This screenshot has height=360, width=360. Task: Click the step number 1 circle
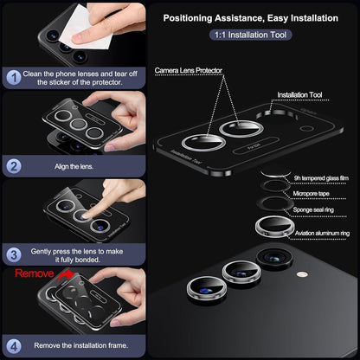click(x=14, y=78)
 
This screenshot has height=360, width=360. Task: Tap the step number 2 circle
click(x=14, y=166)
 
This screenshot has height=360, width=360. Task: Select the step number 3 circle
click(x=14, y=255)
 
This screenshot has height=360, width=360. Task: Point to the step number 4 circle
click(x=14, y=346)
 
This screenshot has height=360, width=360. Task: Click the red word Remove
click(x=35, y=273)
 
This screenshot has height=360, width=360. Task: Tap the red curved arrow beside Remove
click(x=65, y=276)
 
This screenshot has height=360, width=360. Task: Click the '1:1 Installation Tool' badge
click(x=250, y=35)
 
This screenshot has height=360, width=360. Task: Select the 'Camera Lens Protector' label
click(x=189, y=70)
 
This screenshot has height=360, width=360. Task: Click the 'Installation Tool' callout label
click(x=299, y=94)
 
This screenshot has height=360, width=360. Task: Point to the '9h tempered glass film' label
click(x=321, y=178)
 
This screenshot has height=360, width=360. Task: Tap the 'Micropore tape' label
click(x=311, y=194)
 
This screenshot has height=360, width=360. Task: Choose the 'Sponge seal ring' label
click(x=313, y=209)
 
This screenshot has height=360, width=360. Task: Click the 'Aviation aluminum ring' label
click(x=322, y=233)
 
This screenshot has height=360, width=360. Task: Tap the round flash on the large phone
click(x=302, y=273)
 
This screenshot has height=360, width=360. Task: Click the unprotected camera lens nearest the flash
click(x=274, y=258)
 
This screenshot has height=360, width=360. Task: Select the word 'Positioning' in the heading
click(x=188, y=18)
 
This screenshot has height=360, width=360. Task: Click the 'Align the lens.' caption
click(x=74, y=166)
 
